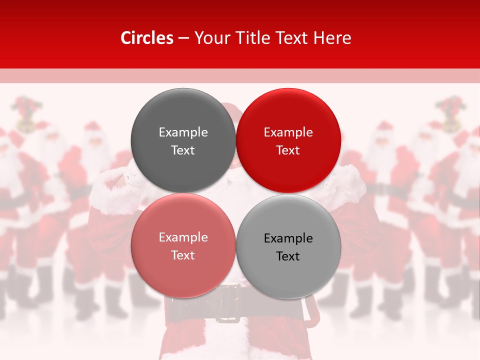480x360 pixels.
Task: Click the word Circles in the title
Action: coord(147,38)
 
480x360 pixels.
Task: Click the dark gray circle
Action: coord(183,140)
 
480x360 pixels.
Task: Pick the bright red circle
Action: coord(288,140)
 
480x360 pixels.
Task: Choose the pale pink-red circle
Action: coord(183,245)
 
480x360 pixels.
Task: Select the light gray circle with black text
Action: coord(288,246)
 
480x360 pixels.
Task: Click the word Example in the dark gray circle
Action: coord(183,132)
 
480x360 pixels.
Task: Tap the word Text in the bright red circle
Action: coord(288,150)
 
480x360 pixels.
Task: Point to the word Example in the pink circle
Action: coord(183,237)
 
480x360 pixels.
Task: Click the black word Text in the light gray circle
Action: coord(288,256)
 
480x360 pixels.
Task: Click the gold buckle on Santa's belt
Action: coord(228,303)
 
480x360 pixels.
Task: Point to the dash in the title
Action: coord(183,38)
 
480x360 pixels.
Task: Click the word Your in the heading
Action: coord(209,38)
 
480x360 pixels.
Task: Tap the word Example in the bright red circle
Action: coord(288,132)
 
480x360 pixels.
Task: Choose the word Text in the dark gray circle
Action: coord(183,150)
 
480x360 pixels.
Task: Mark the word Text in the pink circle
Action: coord(183,255)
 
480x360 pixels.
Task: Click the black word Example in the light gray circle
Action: coord(288,238)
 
